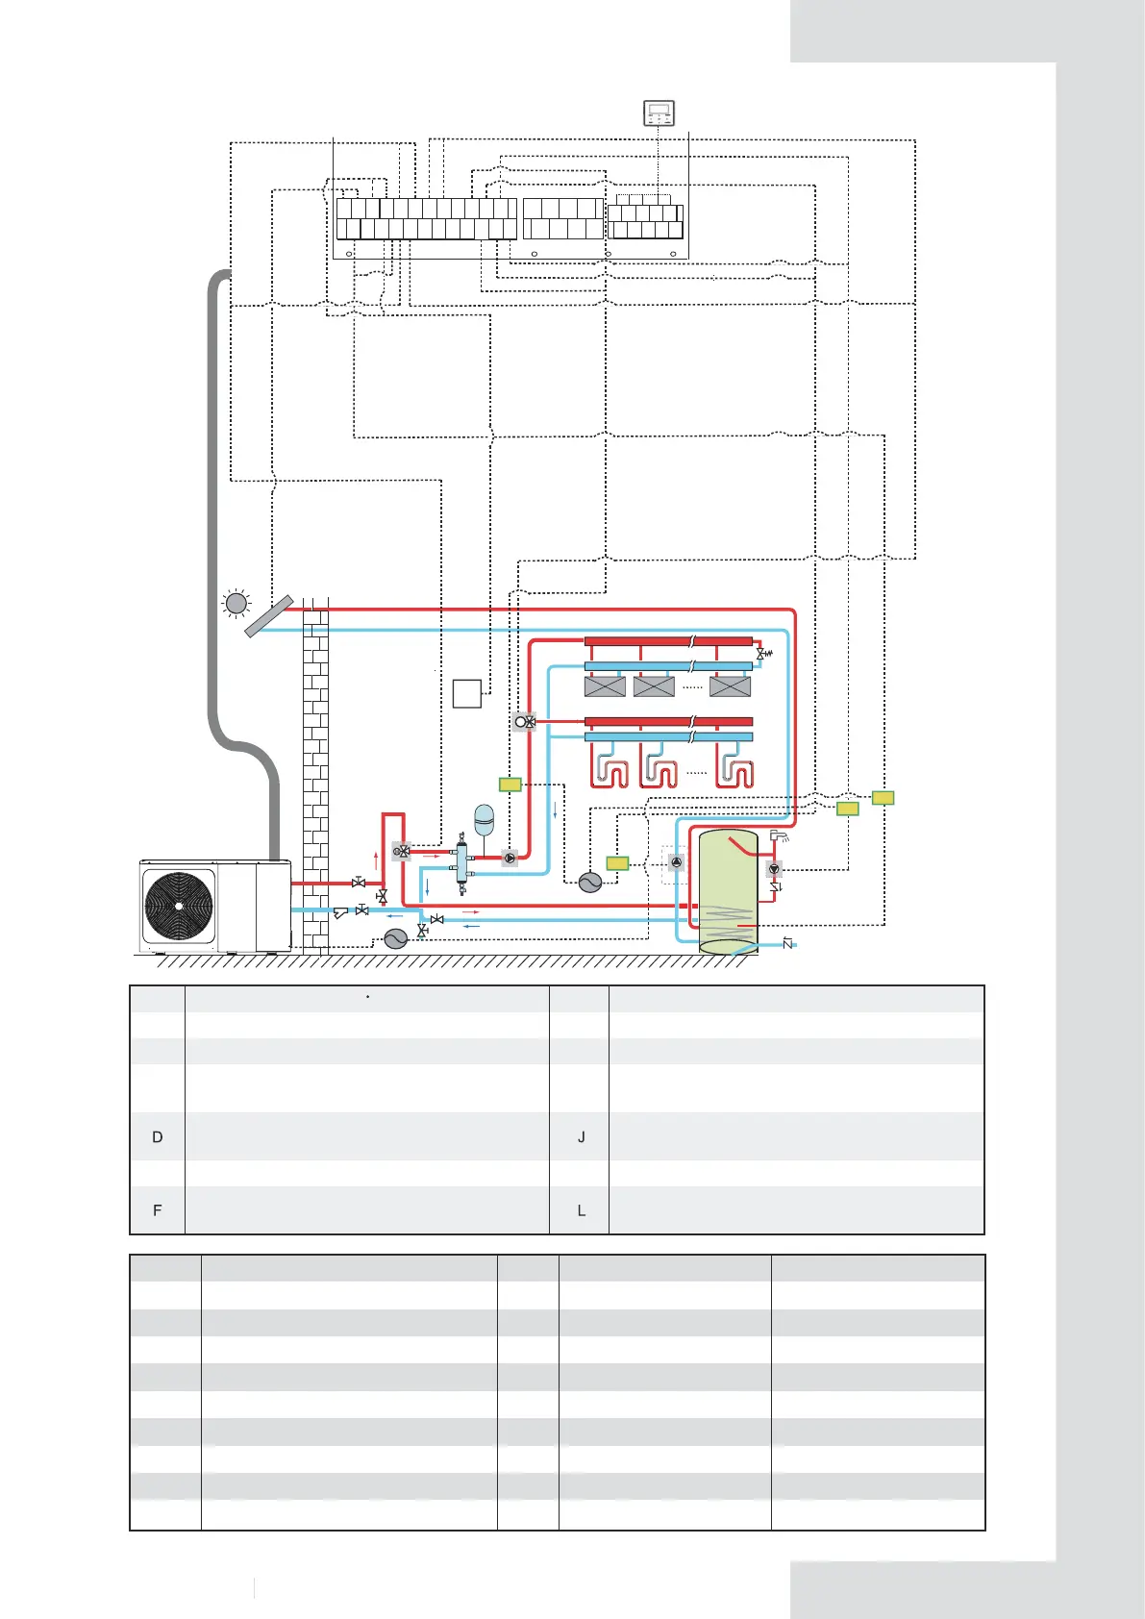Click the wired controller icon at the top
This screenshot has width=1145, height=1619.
[x=659, y=113]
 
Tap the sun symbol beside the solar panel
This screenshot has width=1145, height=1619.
[x=236, y=604]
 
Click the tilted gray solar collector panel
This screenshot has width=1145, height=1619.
[x=268, y=616]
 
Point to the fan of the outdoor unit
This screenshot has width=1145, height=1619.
[x=179, y=906]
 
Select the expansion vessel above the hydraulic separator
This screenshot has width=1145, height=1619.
[x=485, y=820]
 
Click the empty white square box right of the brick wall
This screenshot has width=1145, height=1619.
[x=467, y=693]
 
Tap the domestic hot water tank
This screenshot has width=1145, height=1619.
[x=728, y=891]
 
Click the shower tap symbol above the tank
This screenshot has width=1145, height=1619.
[x=779, y=837]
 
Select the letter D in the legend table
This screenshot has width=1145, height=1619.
[x=158, y=1137]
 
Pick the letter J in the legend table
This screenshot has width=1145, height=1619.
[x=581, y=1137]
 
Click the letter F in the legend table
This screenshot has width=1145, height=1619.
[x=158, y=1210]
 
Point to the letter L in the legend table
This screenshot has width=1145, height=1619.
[x=581, y=1210]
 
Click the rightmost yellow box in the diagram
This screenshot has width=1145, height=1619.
[x=883, y=798]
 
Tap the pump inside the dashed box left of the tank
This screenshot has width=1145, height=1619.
[x=677, y=862]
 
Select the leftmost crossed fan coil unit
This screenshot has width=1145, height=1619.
[x=605, y=686]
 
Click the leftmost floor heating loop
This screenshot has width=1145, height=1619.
[x=610, y=771]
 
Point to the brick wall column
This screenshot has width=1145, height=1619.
[x=315, y=779]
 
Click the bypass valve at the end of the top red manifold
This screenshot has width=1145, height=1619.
[x=763, y=654]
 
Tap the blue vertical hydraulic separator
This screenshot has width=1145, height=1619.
[x=462, y=860]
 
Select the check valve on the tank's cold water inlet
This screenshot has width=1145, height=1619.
[x=787, y=944]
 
